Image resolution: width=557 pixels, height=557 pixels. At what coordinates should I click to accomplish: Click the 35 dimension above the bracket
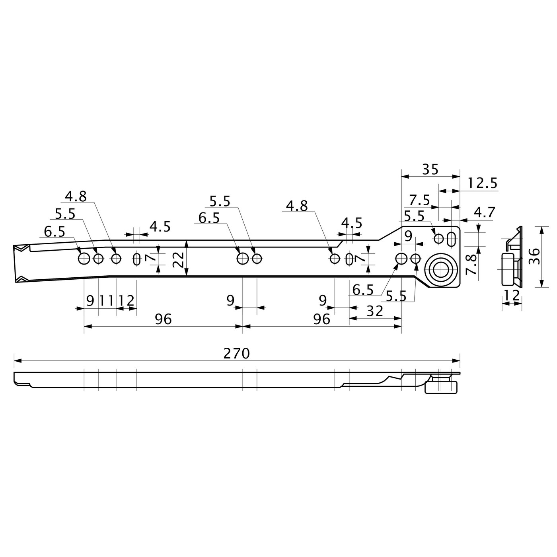coord(430,170)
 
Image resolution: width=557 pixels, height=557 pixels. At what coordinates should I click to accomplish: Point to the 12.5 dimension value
coord(482,183)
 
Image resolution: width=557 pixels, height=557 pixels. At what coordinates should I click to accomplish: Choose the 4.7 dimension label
coord(485,213)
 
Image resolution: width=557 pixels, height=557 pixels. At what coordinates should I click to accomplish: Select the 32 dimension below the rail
coord(374,311)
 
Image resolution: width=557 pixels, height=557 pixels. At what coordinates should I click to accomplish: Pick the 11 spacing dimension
coord(107,301)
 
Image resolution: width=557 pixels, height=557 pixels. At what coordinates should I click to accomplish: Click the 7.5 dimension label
coord(419,200)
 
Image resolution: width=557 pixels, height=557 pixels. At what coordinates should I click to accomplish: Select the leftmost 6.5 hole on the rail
coord(84,259)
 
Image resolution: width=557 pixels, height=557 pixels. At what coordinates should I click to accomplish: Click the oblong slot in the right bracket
coord(452,239)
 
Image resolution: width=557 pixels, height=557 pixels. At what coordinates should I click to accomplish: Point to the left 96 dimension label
coord(163,319)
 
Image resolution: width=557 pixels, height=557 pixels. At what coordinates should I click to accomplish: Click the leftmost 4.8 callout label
coord(76,197)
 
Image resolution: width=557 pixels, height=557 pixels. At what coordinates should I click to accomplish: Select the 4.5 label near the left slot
coord(160,227)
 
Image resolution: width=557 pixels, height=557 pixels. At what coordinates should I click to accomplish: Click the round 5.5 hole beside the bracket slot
coord(438,239)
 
